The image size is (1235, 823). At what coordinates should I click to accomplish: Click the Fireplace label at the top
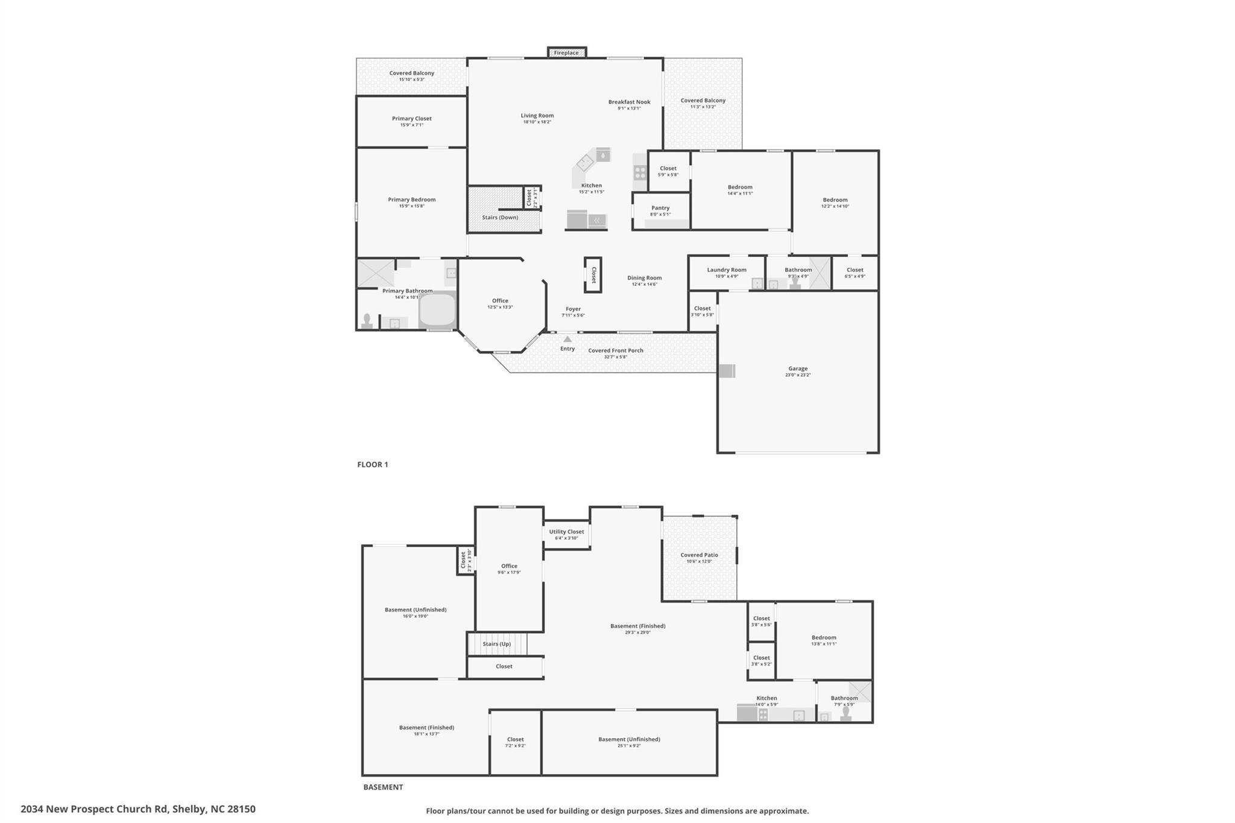click(x=566, y=53)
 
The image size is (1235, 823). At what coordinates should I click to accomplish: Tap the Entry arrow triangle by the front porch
click(x=567, y=339)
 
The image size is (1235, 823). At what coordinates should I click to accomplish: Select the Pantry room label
click(x=660, y=208)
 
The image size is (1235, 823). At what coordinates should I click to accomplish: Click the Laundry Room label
click(x=727, y=270)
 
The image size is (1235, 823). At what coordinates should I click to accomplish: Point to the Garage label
click(x=798, y=368)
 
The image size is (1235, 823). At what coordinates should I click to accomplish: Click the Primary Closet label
click(x=412, y=119)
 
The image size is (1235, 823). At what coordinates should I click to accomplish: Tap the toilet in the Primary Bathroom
click(x=367, y=320)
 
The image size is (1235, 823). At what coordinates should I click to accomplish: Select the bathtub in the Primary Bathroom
click(x=438, y=310)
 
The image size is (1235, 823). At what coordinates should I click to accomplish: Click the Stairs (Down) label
click(x=500, y=218)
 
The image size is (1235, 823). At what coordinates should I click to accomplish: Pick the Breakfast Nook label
click(x=629, y=102)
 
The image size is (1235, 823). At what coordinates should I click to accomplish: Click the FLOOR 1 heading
click(x=373, y=465)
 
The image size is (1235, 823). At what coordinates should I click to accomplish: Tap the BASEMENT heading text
click(x=383, y=787)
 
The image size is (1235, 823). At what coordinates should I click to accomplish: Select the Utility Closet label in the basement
click(x=566, y=532)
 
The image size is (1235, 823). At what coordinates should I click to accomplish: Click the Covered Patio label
click(x=700, y=555)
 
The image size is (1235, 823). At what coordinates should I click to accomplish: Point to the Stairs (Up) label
click(x=497, y=644)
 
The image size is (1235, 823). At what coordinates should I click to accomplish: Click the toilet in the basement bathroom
click(x=846, y=714)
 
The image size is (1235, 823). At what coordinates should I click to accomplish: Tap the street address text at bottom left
click(x=138, y=809)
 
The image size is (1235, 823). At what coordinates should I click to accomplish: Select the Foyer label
click(x=573, y=309)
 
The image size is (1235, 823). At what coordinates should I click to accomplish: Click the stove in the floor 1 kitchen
click(x=640, y=172)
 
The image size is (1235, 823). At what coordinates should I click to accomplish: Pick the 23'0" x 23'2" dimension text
click(x=798, y=375)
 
